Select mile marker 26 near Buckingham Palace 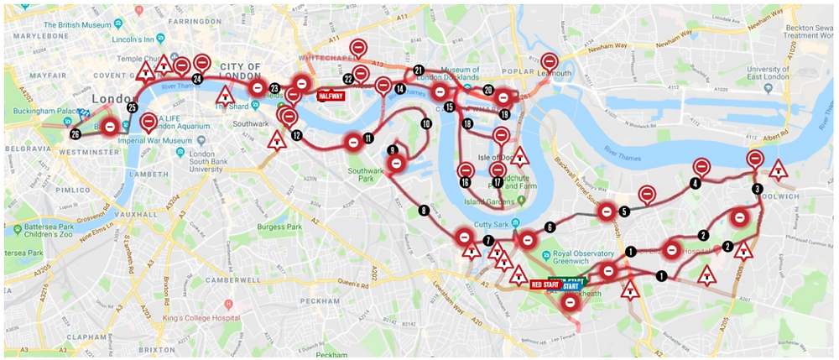pyautogui.click(x=76, y=133)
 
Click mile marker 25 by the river pyautogui.click(x=132, y=107)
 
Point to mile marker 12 pyautogui.click(x=296, y=134)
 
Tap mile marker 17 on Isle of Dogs pyautogui.click(x=498, y=181)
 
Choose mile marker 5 pyautogui.click(x=623, y=211)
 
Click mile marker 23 pyautogui.click(x=274, y=88)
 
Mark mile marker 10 pyautogui.click(x=425, y=124)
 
